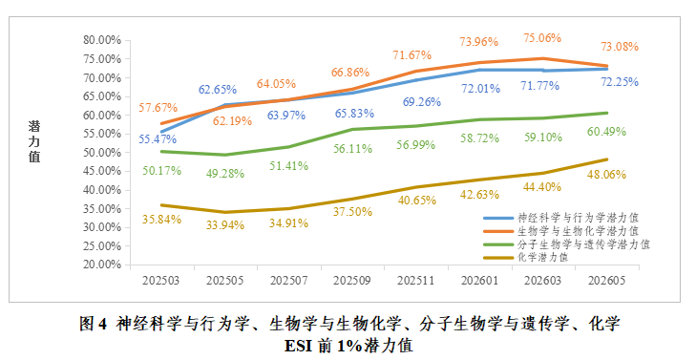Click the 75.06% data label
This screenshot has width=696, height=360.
click(x=542, y=38)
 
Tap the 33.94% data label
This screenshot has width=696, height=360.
click(x=225, y=225)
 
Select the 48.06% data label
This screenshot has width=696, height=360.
click(x=606, y=175)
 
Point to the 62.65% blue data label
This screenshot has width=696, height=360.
click(x=218, y=90)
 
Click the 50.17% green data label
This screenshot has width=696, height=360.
click(x=161, y=171)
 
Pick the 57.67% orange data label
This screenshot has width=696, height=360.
click(x=158, y=107)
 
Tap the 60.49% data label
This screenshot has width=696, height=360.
click(x=606, y=132)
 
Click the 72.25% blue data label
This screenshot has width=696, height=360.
click(x=620, y=82)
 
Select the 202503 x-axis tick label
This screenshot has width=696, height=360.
click(x=160, y=281)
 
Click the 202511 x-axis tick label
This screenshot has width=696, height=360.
click(x=415, y=281)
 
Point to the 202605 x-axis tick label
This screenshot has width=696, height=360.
click(x=606, y=281)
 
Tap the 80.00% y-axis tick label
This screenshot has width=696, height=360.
click(x=102, y=40)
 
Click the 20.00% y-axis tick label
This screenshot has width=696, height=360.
click(x=102, y=265)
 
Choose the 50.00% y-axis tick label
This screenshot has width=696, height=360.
click(x=102, y=153)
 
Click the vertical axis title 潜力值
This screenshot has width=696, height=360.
click(x=34, y=141)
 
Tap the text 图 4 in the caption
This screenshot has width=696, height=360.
click(x=94, y=324)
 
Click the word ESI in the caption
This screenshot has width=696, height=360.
click(x=299, y=346)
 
